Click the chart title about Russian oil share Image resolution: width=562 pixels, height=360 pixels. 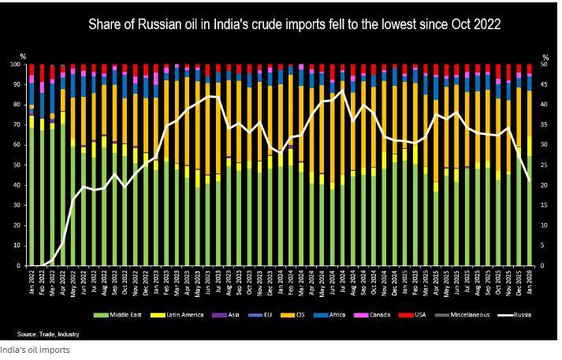point(293,25)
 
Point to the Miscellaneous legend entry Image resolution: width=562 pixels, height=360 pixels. point(467,315)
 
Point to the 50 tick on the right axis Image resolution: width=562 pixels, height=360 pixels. point(545,65)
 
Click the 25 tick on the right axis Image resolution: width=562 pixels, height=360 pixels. point(545,165)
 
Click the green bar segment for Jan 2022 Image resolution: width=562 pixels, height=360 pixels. point(32,197)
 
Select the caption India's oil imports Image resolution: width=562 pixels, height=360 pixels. point(35,350)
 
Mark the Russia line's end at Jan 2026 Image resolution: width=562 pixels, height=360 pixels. point(528,180)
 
